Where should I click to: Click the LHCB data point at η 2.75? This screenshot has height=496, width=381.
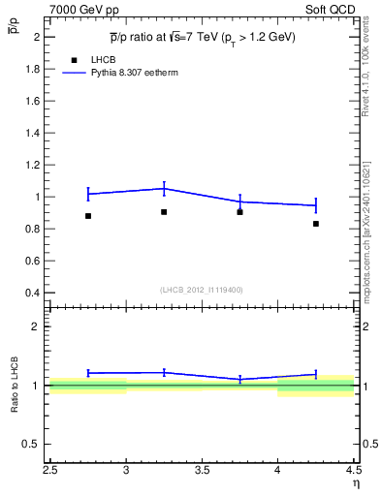click(88, 216)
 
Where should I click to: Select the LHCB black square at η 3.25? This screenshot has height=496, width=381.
click(164, 211)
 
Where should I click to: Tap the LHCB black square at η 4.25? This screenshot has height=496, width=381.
click(316, 224)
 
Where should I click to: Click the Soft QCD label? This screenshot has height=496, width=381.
click(333, 8)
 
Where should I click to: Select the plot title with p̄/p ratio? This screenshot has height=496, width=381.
click(202, 37)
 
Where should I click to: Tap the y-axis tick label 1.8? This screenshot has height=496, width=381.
click(34, 69)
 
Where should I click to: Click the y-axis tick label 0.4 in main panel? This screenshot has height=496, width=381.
click(34, 293)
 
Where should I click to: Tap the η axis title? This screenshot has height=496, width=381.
click(356, 485)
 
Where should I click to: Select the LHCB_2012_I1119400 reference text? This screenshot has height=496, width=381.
click(202, 290)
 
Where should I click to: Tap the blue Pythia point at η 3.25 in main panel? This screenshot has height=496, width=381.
click(164, 189)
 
